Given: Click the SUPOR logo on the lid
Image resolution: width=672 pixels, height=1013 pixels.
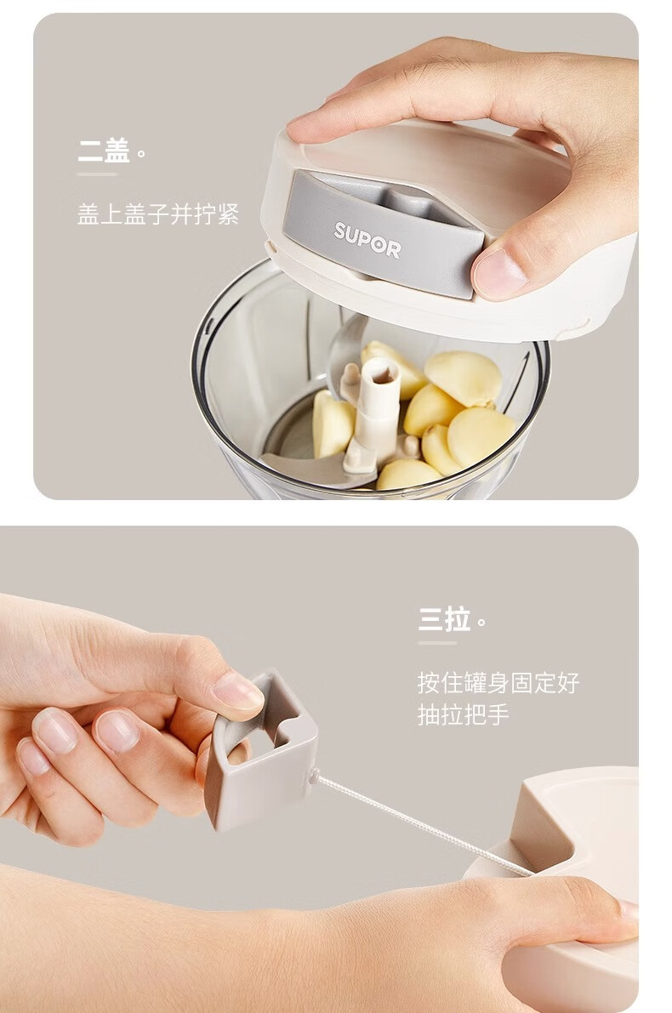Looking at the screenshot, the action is coord(367,240).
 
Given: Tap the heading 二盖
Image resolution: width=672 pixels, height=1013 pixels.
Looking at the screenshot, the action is coord(104,151).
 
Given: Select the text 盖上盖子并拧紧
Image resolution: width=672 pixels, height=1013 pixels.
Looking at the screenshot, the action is coord(158,213).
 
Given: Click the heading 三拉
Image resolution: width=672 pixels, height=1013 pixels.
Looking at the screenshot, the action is coord(444,619).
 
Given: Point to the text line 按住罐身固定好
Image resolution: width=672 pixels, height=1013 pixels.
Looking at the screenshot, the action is coord(498,683).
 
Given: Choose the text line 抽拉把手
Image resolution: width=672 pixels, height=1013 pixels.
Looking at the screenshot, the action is coord(464,715).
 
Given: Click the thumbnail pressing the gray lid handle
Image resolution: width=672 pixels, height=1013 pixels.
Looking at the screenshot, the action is coord(498,274).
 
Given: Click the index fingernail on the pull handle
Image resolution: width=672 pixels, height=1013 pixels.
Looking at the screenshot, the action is coord(237,690).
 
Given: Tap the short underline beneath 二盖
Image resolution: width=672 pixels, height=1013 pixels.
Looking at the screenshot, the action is coord(98,174).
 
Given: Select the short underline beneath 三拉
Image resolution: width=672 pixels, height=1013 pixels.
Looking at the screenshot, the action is coord(437,644).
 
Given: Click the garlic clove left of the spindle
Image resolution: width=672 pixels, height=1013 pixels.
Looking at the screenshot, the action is coord(332,424).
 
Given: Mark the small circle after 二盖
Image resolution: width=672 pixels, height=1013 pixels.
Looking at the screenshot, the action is coord(141,155).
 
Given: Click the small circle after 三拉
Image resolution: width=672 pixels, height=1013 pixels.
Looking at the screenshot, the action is coord(481,623).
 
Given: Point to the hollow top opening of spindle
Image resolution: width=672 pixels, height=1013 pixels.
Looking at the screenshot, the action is coord(384,373).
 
